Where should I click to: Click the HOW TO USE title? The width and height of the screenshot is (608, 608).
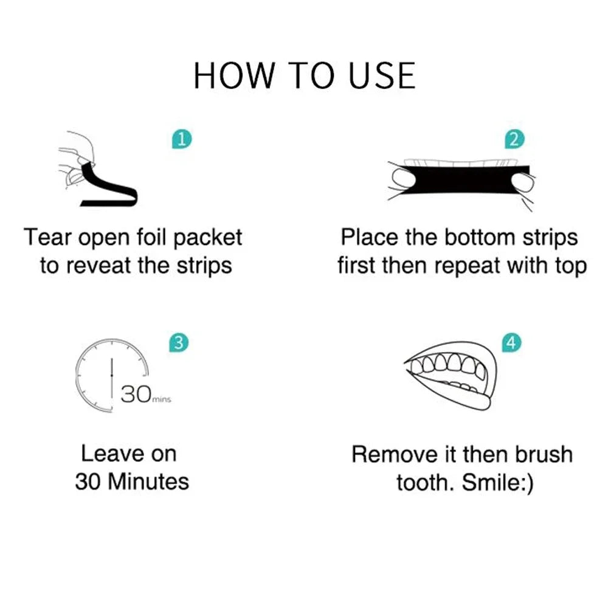[304, 76]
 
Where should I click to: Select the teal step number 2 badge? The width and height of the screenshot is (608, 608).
[514, 139]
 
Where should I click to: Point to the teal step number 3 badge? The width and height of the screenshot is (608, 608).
[178, 343]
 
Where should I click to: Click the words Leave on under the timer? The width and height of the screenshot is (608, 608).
[128, 454]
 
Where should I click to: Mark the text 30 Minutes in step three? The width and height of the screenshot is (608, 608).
[132, 482]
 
